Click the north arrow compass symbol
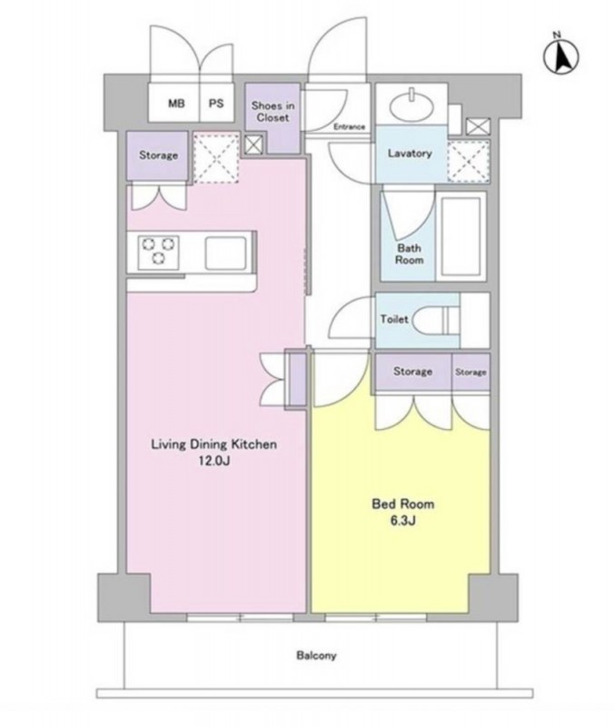click(560, 56)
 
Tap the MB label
click(176, 104)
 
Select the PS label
click(216, 104)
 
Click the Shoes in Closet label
click(273, 112)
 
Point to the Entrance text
click(350, 126)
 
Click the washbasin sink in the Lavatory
click(412, 106)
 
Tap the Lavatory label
click(410, 153)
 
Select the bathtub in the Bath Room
click(461, 236)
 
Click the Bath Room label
click(409, 254)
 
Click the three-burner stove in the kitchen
click(158, 251)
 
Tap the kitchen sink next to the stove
click(225, 254)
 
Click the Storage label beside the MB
click(158, 154)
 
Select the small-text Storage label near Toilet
click(471, 373)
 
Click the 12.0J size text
click(214, 461)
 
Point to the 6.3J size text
click(402, 520)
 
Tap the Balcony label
click(316, 655)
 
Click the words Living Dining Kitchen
click(214, 444)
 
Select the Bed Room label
click(403, 503)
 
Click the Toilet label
click(394, 319)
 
